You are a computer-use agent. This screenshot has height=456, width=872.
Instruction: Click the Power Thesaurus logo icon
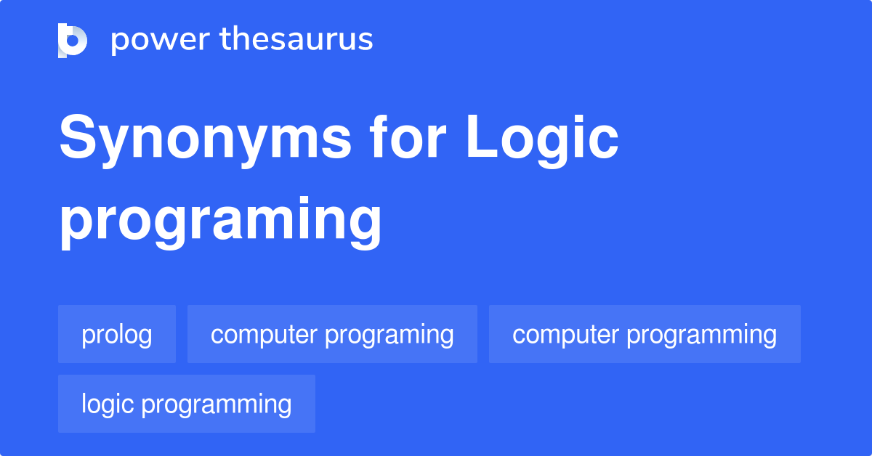[x=73, y=40]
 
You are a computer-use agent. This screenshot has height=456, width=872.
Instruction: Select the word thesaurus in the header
[x=296, y=40]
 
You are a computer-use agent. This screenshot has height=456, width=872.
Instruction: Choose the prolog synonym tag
[x=117, y=335]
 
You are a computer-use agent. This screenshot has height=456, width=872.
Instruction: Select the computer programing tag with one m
[x=332, y=335]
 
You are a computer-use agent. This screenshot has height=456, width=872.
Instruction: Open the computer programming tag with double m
[x=645, y=335]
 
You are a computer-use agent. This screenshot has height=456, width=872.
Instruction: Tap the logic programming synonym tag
[x=187, y=404]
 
